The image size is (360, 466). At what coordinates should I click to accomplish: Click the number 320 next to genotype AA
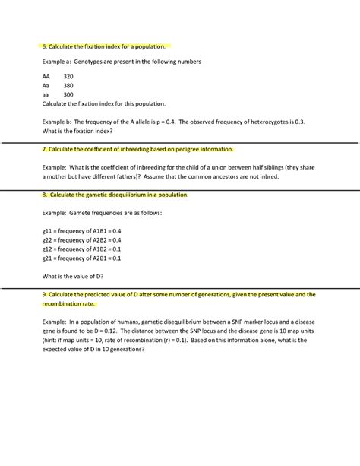(68, 77)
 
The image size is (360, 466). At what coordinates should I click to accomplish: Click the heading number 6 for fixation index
(45, 46)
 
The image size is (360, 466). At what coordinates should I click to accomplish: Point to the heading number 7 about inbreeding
(45, 149)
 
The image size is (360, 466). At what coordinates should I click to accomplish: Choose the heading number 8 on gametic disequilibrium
(45, 195)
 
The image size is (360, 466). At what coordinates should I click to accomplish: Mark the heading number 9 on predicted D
(45, 293)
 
